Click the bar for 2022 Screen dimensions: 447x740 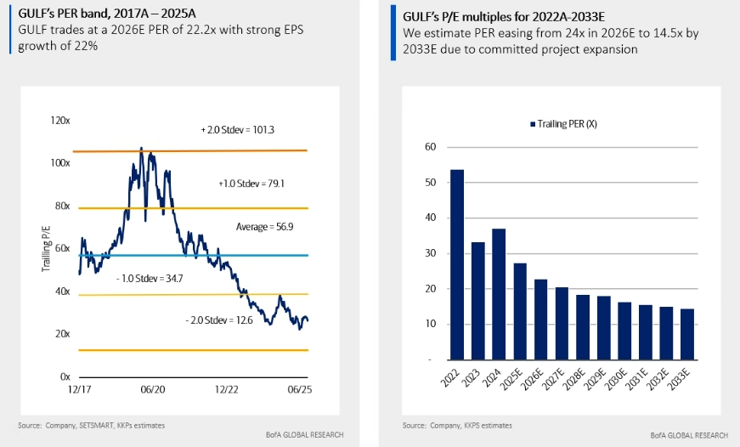(457, 264)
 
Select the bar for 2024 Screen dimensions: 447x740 (499, 294)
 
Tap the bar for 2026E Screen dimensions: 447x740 (541, 319)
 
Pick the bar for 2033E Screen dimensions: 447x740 (687, 334)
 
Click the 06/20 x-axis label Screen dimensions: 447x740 (152, 389)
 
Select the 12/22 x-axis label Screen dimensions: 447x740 (226, 389)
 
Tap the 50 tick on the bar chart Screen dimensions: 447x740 (430, 183)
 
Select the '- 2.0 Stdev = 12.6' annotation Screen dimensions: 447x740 (217, 320)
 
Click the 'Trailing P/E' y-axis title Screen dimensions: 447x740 (47, 248)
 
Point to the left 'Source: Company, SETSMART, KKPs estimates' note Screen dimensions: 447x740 (91, 424)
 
